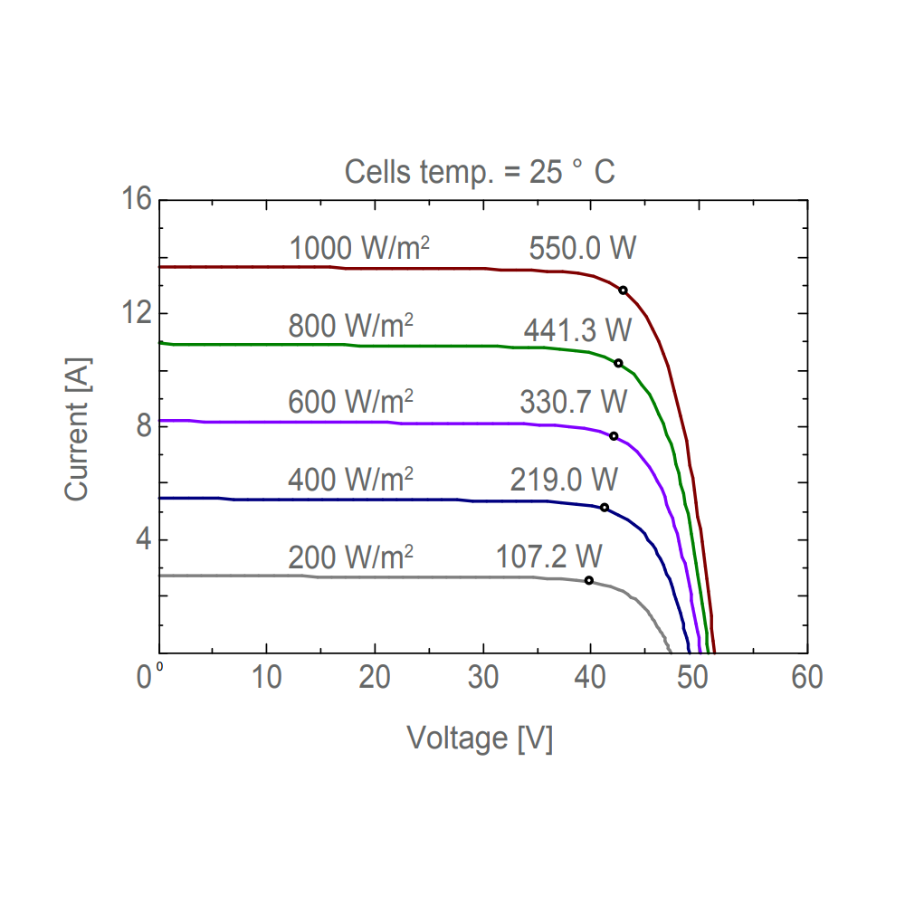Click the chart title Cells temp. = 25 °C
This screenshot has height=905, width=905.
[480, 172]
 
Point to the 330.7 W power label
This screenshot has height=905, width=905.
[573, 400]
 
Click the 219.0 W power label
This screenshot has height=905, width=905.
[564, 477]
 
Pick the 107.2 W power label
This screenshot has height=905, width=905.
[549, 556]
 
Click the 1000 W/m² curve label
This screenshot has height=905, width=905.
[358, 248]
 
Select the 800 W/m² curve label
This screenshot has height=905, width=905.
[350, 325]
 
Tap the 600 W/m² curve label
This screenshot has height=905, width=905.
[350, 400]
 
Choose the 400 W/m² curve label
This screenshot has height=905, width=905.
[350, 477]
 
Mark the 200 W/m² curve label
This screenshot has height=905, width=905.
[350, 556]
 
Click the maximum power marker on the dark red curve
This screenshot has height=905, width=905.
[623, 291]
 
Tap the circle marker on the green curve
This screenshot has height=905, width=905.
[618, 363]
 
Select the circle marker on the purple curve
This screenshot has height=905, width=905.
[614, 436]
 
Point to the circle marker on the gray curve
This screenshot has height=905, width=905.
[589, 580]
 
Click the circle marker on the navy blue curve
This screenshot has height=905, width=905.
[605, 508]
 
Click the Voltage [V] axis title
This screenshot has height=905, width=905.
[480, 738]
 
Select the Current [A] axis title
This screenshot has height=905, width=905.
[78, 426]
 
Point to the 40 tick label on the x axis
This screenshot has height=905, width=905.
[591, 677]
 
